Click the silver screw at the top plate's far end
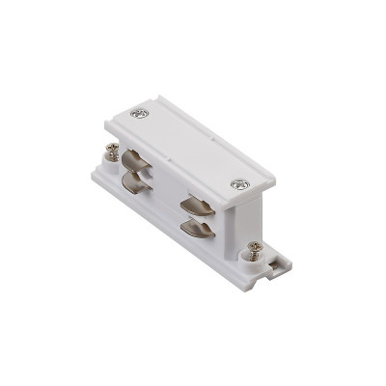click(x=143, y=116)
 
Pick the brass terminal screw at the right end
click(x=255, y=249)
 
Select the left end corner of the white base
click(x=94, y=174)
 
